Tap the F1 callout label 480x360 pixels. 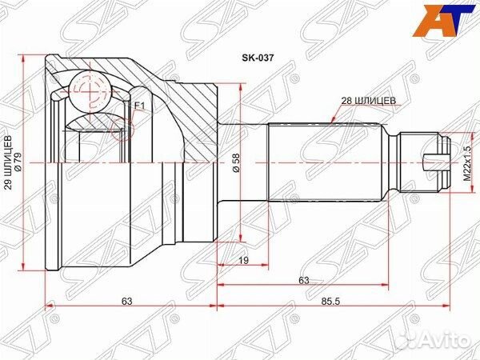[139, 106]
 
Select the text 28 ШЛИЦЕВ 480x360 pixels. [368, 101]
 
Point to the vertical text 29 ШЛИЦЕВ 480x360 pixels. [9, 162]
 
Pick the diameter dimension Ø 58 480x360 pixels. [237, 162]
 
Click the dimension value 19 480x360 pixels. [244, 260]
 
